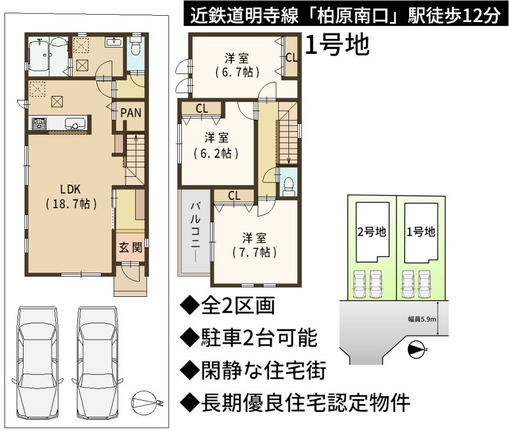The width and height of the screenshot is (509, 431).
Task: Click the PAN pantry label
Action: (x=131, y=113)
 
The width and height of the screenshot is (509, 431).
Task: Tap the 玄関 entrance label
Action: (x=131, y=247)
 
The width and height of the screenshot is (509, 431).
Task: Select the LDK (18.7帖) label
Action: (x=71, y=196)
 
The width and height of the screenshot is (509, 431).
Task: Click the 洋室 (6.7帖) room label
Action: (x=237, y=66)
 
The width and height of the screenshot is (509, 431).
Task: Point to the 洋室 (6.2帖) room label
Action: (x=216, y=145)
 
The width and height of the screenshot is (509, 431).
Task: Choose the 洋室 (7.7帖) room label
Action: (x=254, y=245)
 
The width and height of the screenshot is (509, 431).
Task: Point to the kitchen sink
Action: (x=75, y=123)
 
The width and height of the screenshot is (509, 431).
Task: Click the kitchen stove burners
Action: (x=39, y=123)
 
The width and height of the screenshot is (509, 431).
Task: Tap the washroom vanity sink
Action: (x=113, y=42)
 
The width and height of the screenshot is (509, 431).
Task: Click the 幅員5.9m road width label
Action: (x=421, y=319)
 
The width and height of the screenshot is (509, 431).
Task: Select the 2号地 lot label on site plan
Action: (x=372, y=232)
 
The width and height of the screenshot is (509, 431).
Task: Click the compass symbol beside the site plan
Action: (x=416, y=350)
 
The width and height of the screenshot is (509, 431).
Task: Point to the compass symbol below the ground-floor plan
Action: (x=145, y=403)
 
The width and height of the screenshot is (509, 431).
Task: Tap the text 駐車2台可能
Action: (x=259, y=338)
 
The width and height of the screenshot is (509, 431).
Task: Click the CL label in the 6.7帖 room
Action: (x=291, y=57)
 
